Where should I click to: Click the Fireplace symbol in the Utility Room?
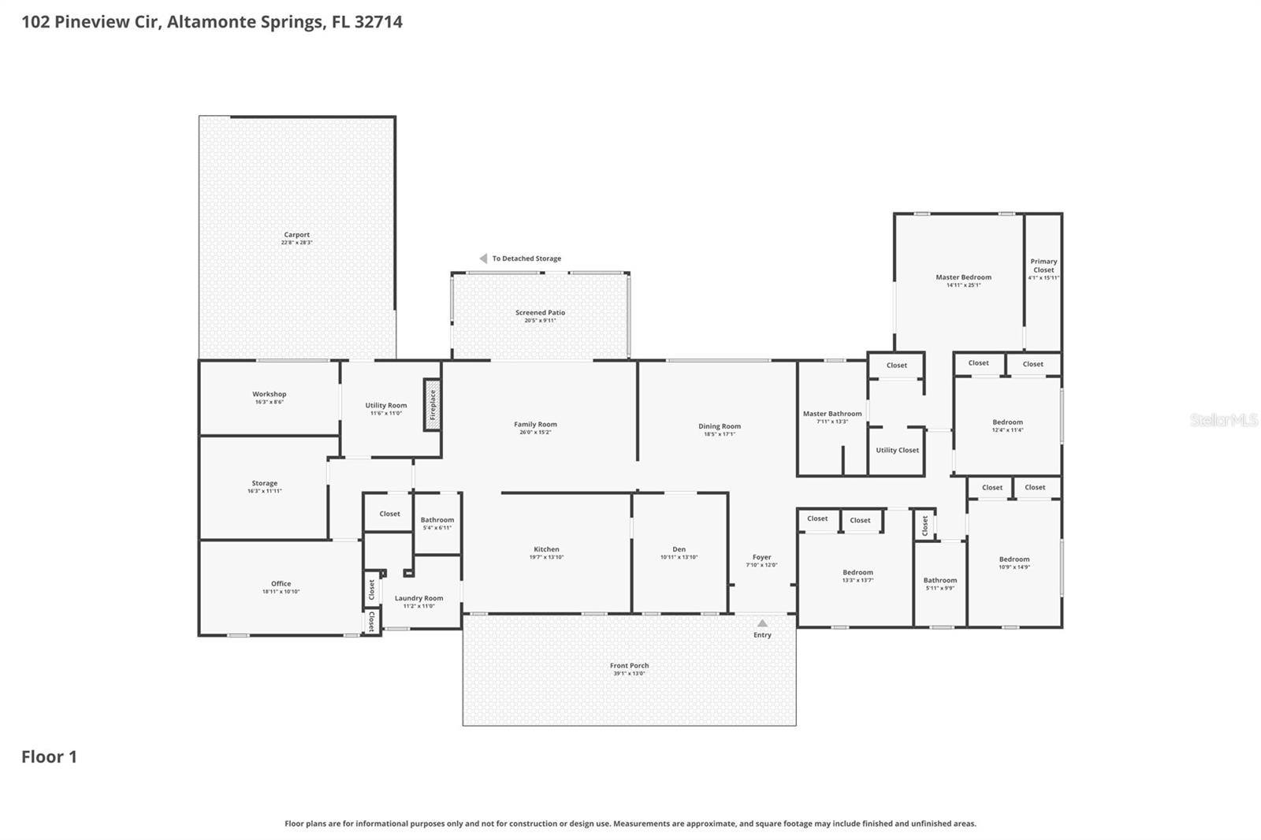coord(432,405)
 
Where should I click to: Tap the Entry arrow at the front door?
coord(762,623)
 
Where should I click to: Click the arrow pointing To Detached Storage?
coord(483,258)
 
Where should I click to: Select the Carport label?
coord(297,235)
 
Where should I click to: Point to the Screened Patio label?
coord(540,313)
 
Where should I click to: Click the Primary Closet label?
coord(1043,266)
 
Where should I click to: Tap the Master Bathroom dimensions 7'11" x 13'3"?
coord(831,422)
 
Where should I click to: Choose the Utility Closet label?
coord(897,450)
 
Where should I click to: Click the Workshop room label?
coord(270,394)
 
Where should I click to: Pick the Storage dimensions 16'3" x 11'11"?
coord(265,491)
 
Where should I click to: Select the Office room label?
coord(281,584)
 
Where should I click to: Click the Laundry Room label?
coord(418,598)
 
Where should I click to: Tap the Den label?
coord(679,549)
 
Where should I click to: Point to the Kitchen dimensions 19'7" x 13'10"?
coord(546,557)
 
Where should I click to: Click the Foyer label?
coord(761,557)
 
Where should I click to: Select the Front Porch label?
coord(629,666)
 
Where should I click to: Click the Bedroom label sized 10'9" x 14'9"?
coord(1014,559)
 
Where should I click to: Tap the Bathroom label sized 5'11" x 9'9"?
coord(940,580)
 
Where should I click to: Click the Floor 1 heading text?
coord(49,757)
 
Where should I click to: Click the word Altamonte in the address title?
coord(205,21)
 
